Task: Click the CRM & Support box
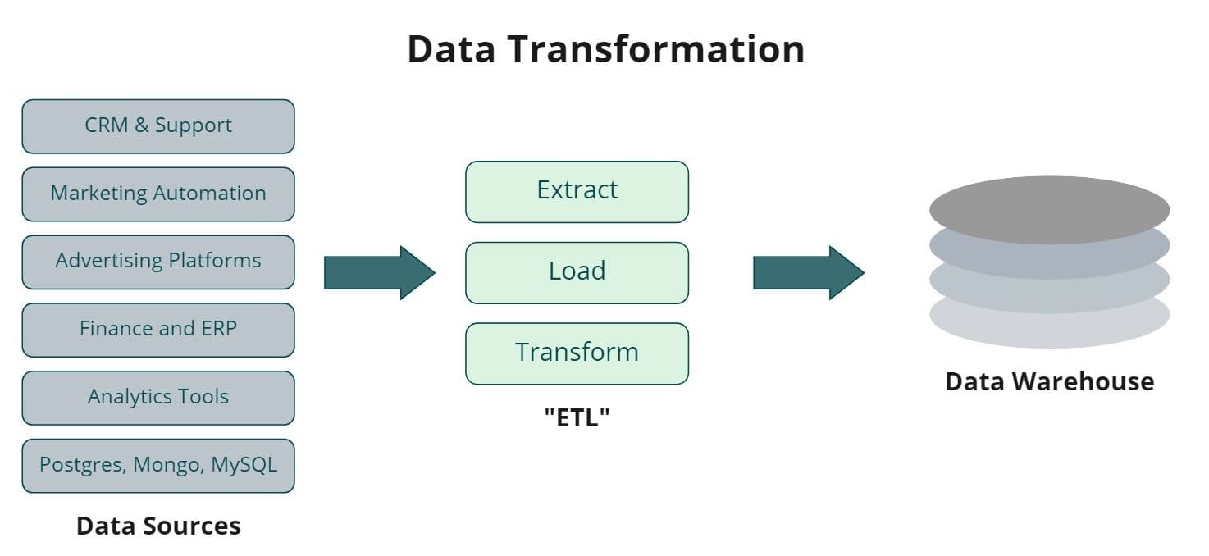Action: (157, 126)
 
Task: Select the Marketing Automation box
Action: (157, 194)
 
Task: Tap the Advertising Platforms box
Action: (157, 262)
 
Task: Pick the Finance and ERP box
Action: (157, 330)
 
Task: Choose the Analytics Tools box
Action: (157, 398)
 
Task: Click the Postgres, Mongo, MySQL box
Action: (157, 466)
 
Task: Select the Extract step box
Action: (577, 191)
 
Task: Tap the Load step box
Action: (577, 272)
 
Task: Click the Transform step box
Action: (577, 353)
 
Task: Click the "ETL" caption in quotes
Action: (577, 417)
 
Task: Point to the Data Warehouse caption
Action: (1049, 381)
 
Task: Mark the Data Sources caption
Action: (158, 526)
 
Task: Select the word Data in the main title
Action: (451, 49)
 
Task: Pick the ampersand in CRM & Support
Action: (141, 125)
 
